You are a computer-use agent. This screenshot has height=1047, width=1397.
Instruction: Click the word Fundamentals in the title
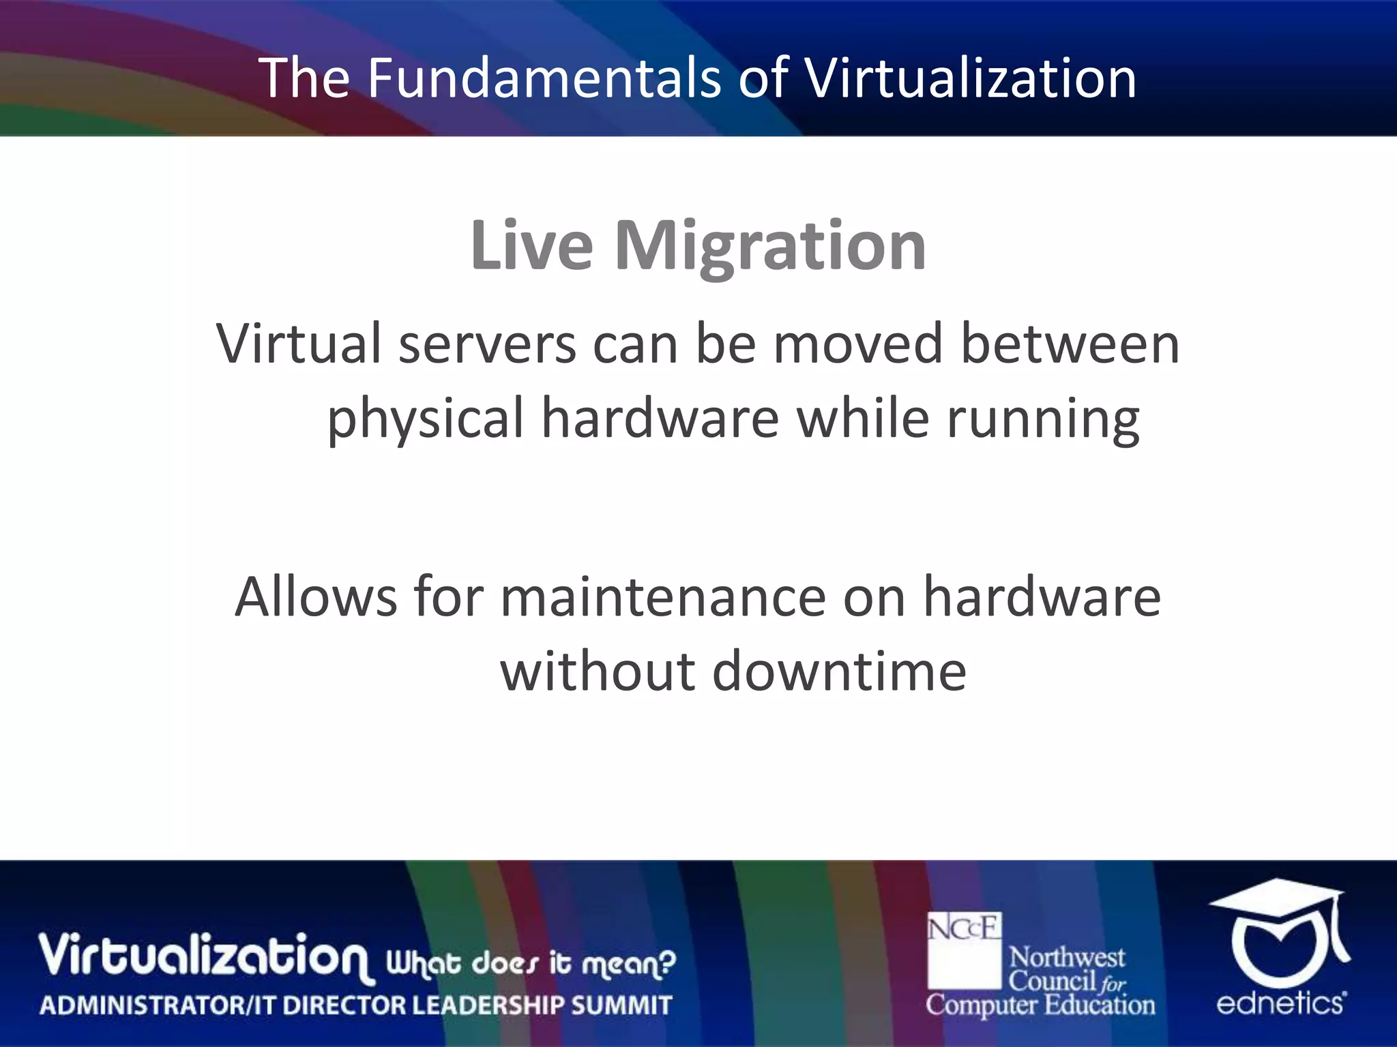click(544, 78)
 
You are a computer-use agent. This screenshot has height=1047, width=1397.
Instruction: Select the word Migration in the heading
click(770, 247)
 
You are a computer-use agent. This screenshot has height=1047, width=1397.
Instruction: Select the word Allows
click(316, 597)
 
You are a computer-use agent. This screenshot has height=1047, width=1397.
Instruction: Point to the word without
click(598, 671)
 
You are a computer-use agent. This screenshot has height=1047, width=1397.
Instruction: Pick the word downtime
click(839, 671)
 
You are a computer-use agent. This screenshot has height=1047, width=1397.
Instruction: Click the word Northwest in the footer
click(1066, 958)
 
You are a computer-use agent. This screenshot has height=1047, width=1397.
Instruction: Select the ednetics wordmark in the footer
click(1280, 1003)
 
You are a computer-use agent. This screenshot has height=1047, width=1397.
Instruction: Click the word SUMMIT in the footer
click(621, 1005)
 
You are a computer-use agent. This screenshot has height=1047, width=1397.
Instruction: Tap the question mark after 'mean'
click(668, 962)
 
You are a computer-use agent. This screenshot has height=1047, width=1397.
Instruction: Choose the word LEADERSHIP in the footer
click(487, 1005)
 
